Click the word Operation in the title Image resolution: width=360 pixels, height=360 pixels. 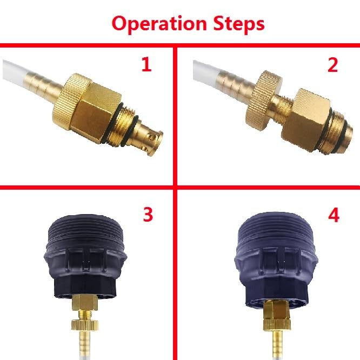pos(159,24)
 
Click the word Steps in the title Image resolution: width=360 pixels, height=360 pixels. pos(239,24)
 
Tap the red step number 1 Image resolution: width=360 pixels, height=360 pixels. pos(146,64)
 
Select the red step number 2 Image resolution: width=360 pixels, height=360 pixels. pos(332,65)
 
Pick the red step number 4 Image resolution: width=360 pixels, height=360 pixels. pos(334,215)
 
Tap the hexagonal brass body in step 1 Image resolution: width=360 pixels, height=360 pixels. pos(98,112)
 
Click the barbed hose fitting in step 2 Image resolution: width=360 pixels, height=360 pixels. pos(236,85)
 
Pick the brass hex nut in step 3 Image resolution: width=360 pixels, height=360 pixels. pos(84,302)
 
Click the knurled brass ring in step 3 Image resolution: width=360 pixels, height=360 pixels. pos(84,325)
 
